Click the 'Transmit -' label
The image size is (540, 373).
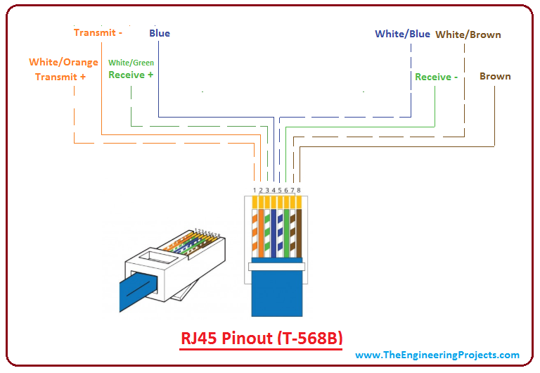point(98,32)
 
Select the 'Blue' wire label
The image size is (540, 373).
point(160,33)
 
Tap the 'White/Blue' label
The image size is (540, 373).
point(402,34)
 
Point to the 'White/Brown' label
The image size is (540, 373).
point(468,34)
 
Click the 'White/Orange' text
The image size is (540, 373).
point(63,63)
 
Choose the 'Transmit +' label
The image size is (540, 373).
point(60,77)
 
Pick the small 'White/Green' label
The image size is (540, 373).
point(131,63)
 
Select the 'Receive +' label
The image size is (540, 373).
point(131,75)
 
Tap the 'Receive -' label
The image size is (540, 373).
point(436,77)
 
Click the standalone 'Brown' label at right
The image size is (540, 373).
point(495,76)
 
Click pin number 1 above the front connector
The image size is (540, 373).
point(255,191)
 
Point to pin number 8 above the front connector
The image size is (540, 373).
point(299,191)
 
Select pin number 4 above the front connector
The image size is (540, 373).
point(274,191)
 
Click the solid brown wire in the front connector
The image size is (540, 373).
point(299,232)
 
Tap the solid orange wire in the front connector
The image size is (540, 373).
point(261,232)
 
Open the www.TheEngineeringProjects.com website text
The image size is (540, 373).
point(437,355)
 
